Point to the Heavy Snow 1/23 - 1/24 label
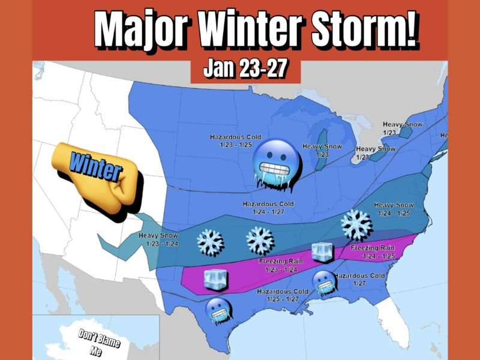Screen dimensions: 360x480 point(158,239)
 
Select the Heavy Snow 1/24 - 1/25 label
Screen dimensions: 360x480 point(394,209)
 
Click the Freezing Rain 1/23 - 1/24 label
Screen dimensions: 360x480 point(280,265)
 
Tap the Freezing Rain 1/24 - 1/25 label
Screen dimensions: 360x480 point(372,251)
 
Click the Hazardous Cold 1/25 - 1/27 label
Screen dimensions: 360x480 point(282,295)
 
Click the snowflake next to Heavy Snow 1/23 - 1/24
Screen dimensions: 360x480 point(210,241)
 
